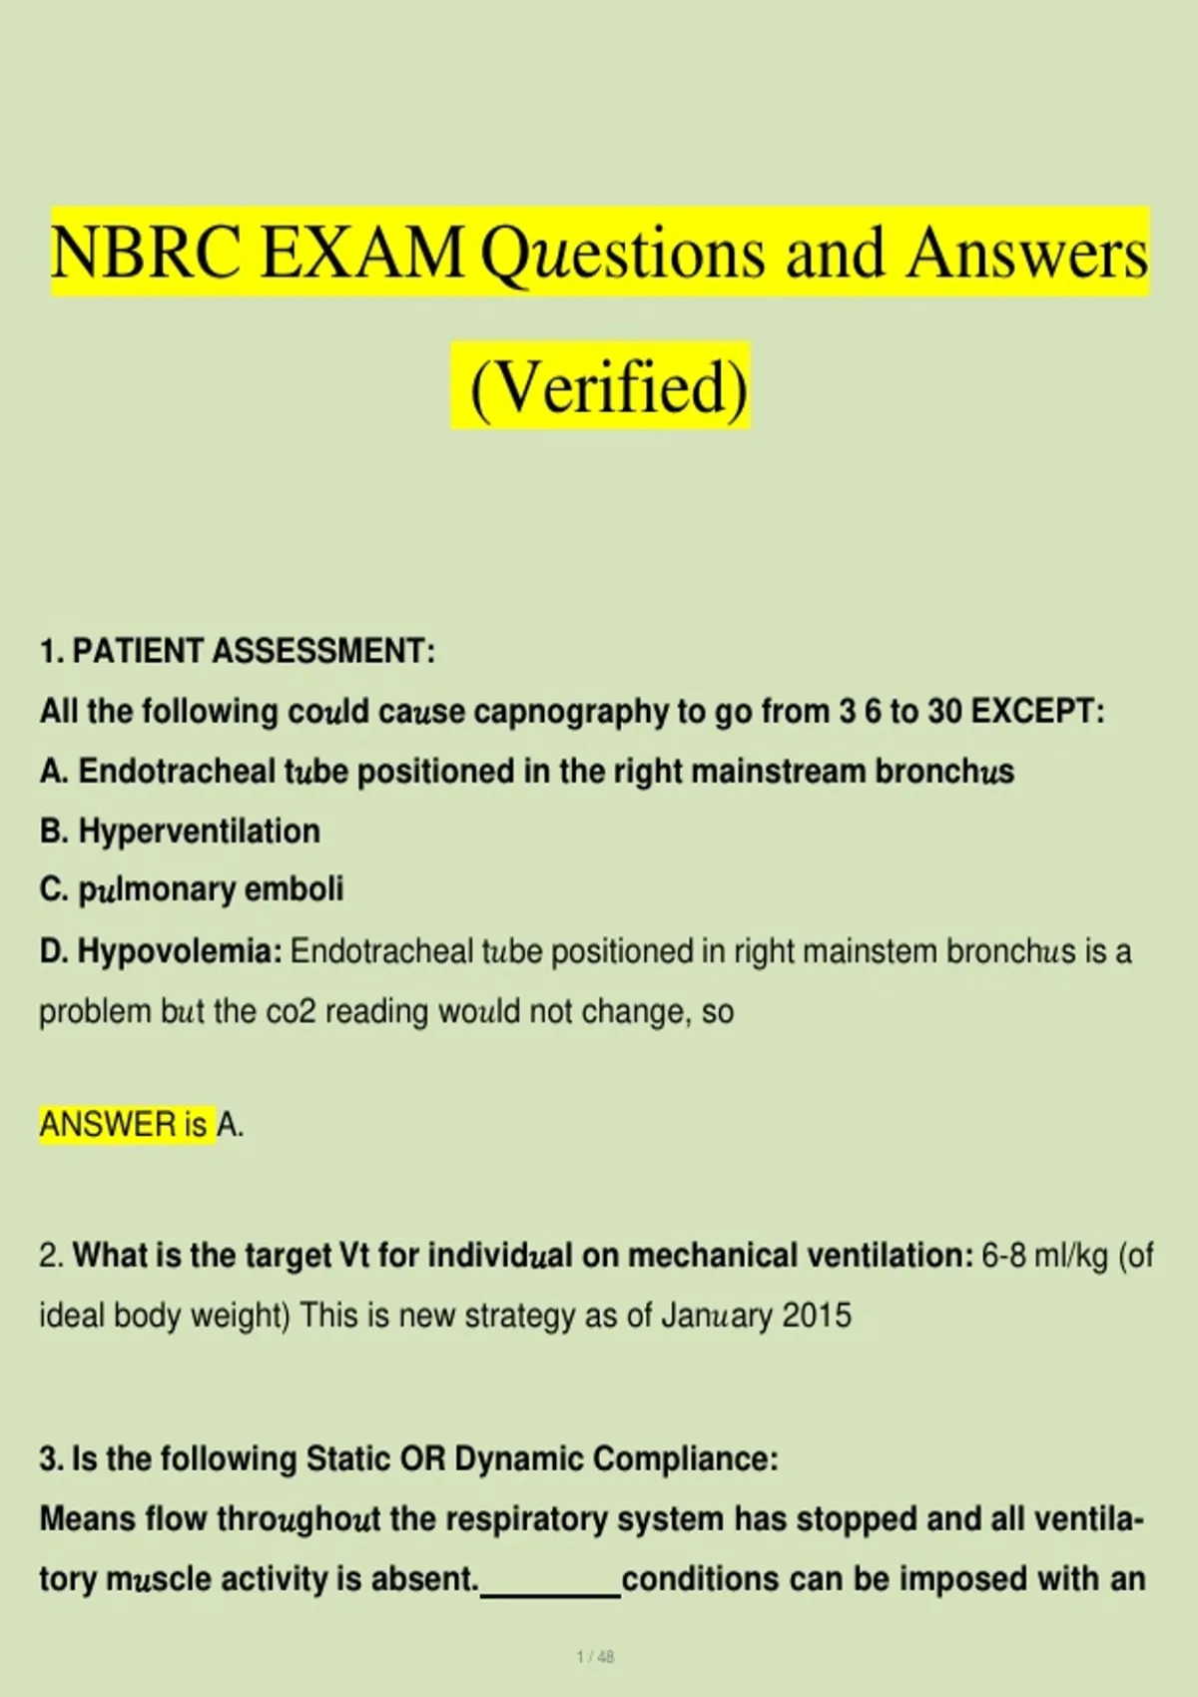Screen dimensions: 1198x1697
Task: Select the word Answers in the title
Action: (x=1027, y=253)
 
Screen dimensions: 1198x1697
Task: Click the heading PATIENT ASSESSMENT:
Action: (x=254, y=651)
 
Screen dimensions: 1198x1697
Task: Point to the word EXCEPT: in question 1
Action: (x=1038, y=711)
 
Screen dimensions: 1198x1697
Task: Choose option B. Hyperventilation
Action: (x=180, y=832)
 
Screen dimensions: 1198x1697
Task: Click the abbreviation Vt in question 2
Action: (x=354, y=1256)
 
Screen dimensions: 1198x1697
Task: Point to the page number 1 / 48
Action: (x=596, y=1657)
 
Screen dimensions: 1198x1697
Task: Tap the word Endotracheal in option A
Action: (x=177, y=772)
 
